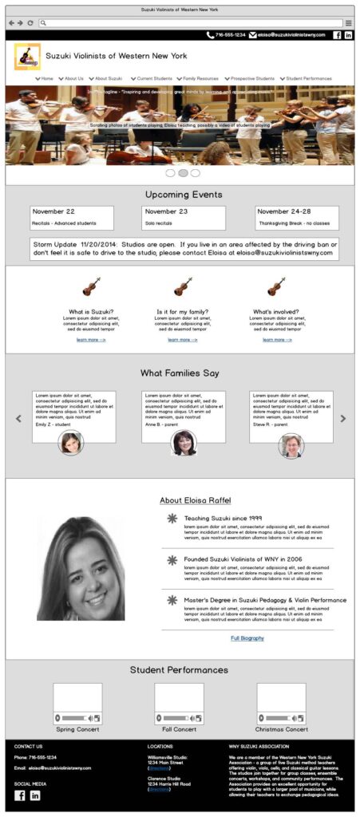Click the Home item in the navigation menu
coord(47,78)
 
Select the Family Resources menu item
coord(200,78)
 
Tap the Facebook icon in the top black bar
coord(337,35)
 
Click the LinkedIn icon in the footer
coord(35,795)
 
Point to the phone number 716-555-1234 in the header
coord(231,35)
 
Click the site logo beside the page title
coord(27,57)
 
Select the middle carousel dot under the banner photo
coord(183,172)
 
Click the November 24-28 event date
coord(284,211)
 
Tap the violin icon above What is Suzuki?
coord(91,286)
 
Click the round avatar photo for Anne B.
coord(184,443)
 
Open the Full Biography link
coord(247,637)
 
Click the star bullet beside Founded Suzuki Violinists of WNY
coord(172,560)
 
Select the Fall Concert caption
coord(179,728)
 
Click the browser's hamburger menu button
coord(349,22)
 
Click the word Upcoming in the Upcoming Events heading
coord(165,194)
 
